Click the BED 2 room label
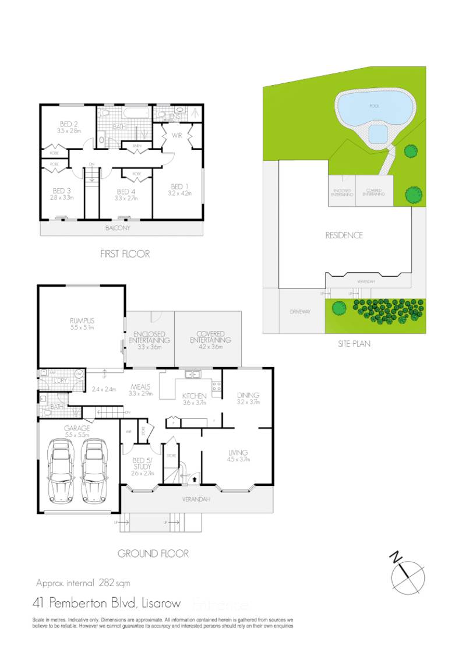click(69, 124)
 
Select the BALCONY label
click(119, 228)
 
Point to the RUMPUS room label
click(82, 320)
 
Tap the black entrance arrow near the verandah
click(193, 478)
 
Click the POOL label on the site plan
click(374, 107)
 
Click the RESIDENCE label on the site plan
click(344, 235)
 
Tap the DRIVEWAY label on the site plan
click(300, 312)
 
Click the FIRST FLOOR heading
click(125, 254)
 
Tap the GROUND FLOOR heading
click(153, 554)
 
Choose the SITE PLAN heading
click(354, 344)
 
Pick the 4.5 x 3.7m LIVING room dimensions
click(238, 460)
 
